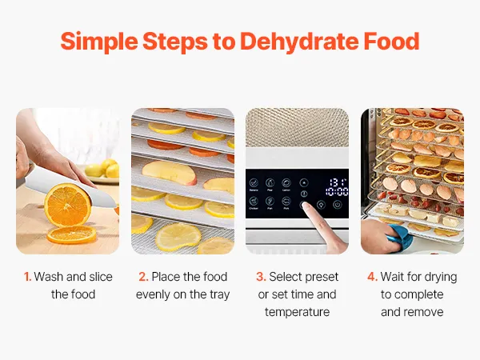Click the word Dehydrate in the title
click(299, 42)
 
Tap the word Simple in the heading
click(99, 42)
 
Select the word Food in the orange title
click(391, 41)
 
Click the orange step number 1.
click(27, 277)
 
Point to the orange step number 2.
click(143, 277)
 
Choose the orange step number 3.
click(261, 277)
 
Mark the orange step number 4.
click(372, 277)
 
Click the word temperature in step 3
click(297, 312)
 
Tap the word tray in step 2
click(219, 294)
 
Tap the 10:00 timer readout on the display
click(337, 192)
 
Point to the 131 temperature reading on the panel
click(338, 182)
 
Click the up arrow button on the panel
click(304, 182)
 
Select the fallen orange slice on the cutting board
click(72, 234)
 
